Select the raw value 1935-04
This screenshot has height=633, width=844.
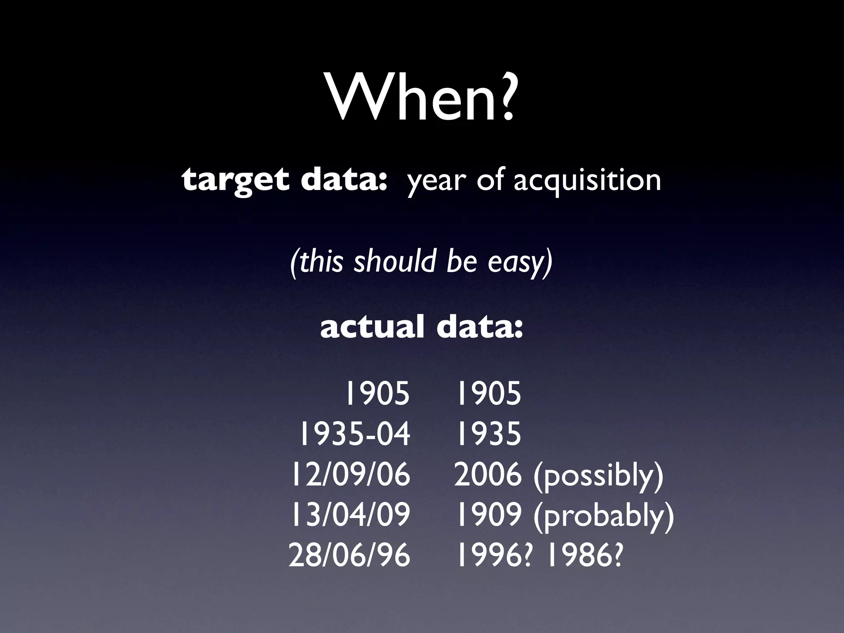(354, 434)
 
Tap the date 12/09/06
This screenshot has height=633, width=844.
(351, 474)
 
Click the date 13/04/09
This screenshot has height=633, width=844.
(351, 515)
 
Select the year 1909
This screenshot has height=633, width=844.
(489, 515)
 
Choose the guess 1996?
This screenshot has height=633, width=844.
(494, 555)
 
